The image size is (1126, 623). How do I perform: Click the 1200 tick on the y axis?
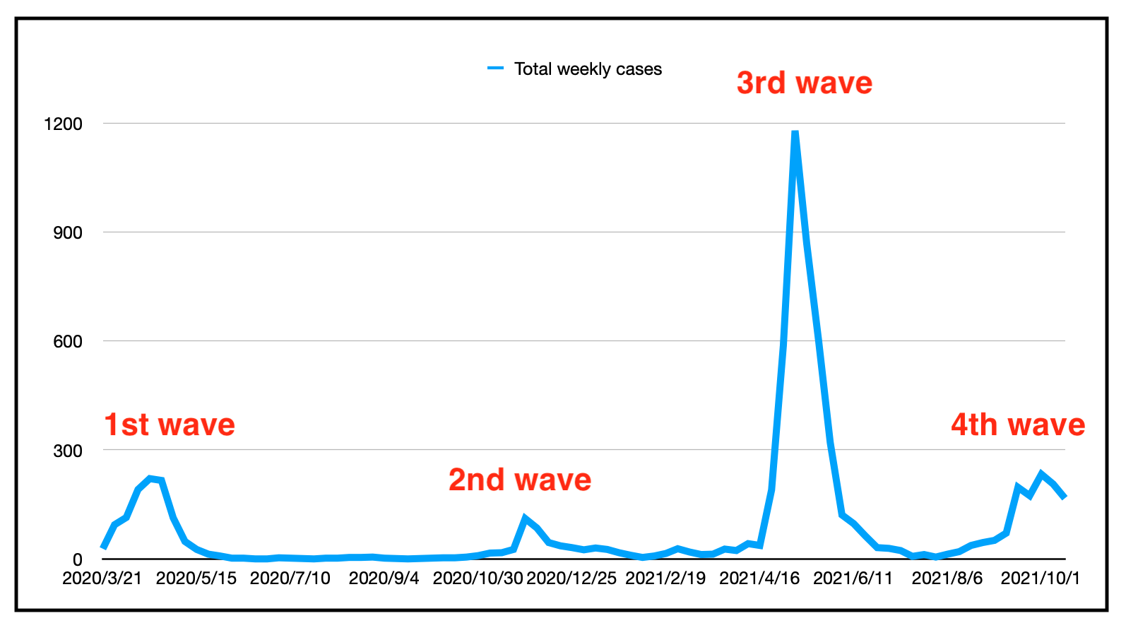point(63,124)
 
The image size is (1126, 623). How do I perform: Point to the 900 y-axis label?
point(68,233)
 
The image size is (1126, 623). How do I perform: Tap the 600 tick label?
point(68,342)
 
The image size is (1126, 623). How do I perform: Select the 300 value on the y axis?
point(68,451)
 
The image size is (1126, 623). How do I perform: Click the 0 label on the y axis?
point(78,560)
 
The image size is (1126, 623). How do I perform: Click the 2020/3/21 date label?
point(102,578)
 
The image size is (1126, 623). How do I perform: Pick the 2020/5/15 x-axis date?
point(196,578)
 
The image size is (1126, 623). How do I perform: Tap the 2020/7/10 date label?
point(290,578)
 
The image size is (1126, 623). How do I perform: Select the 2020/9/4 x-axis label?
point(384,578)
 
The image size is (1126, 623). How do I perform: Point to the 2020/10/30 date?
point(478,578)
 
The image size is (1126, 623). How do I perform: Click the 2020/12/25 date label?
point(571,578)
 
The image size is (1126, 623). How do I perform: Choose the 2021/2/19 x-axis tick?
point(665,578)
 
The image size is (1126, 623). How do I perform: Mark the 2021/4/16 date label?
point(759,578)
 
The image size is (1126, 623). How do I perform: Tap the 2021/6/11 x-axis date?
point(853,578)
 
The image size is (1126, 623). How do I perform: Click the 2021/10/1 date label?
point(1041,578)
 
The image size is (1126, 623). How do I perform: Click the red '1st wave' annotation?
point(170,425)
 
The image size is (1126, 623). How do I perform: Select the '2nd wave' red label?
point(520,480)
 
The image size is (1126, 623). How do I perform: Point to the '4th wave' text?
point(1018,425)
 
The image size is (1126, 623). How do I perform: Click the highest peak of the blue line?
point(795,133)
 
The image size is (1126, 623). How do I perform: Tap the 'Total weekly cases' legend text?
point(588,69)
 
